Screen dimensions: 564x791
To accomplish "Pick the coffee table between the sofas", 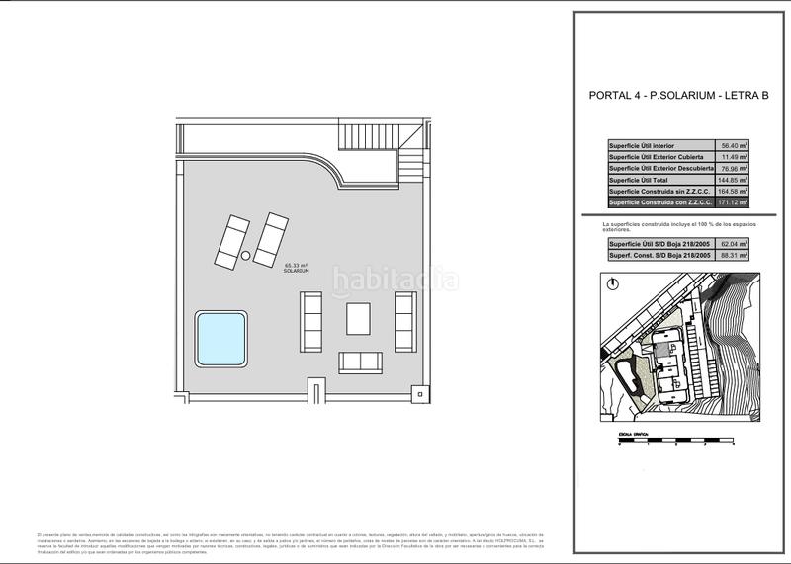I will coord(357,319).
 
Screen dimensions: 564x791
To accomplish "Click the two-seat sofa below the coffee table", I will coord(361,363).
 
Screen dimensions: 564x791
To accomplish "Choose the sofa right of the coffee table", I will coord(404,317).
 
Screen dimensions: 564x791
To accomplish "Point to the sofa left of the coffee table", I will coord(311,317).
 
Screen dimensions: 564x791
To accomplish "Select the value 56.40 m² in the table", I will coord(733,146).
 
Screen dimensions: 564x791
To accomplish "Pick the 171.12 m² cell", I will coord(733,201).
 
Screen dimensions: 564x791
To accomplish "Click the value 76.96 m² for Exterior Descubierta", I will coord(733,169).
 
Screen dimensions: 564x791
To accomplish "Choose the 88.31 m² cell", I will coord(733,255).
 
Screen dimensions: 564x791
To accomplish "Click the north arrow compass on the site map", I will coord(613,282).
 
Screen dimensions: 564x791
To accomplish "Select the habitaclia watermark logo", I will coord(394,281).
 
